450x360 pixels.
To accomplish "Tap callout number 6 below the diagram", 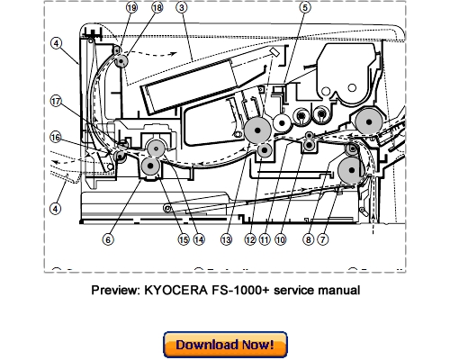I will pyautogui.click(x=108, y=239).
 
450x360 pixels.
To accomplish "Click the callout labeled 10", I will pyautogui.click(x=281, y=239).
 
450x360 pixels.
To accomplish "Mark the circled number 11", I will pyautogui.click(x=265, y=239).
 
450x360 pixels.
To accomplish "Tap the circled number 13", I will pyautogui.click(x=228, y=239).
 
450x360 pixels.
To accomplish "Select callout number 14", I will pyautogui.click(x=198, y=239).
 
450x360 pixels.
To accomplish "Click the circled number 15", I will pyautogui.click(x=183, y=239).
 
